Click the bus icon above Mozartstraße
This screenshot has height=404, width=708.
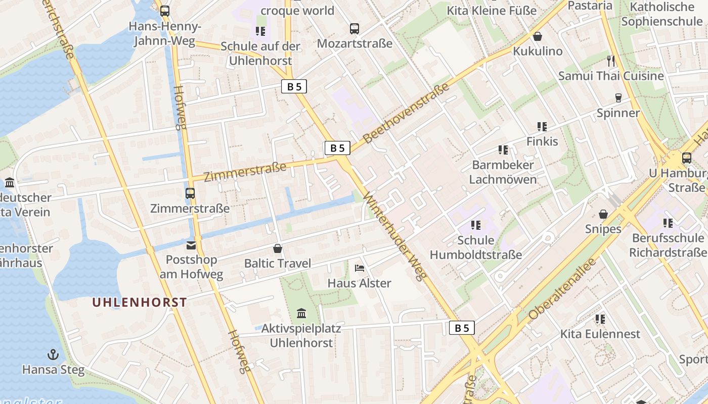point(355,29)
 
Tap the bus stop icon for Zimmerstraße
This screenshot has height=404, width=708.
point(190,193)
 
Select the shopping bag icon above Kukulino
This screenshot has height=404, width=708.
point(538,36)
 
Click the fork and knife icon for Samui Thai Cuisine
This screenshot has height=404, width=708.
point(611,61)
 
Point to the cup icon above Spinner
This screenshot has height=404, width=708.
point(618,98)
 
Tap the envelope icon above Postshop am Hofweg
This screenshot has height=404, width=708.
point(191,245)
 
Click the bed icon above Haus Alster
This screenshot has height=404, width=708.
point(360,268)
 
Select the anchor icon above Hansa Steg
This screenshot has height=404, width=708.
point(53,355)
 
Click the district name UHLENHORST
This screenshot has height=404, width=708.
point(140,302)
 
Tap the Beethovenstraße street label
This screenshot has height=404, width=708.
point(407,114)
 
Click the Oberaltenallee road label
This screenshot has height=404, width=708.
point(562,289)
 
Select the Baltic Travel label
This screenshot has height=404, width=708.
point(278,263)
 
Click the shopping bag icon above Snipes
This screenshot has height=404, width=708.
point(603,215)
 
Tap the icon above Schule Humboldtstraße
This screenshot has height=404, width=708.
point(475,225)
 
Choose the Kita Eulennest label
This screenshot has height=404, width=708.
point(600,334)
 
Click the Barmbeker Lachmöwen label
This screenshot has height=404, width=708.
point(503,172)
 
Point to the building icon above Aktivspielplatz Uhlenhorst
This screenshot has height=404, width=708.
point(301,314)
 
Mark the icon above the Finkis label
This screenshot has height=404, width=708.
point(542,127)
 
